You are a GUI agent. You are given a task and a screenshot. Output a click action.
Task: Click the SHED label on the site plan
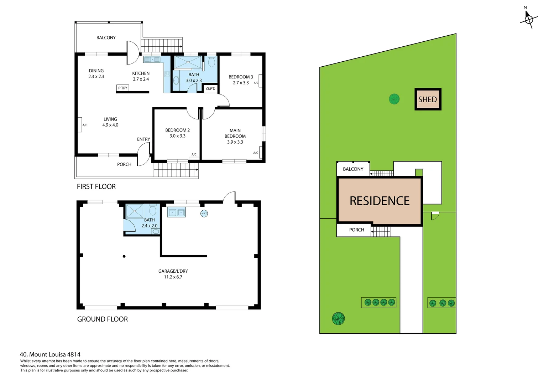click(427, 99)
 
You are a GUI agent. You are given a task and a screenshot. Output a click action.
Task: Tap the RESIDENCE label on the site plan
click(380, 201)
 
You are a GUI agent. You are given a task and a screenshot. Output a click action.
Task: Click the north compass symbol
click(528, 19)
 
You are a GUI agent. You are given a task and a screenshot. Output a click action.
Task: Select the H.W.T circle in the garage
click(204, 214)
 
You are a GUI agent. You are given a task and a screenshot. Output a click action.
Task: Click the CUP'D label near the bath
click(210, 89)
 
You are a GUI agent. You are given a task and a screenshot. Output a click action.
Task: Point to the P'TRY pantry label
click(122, 88)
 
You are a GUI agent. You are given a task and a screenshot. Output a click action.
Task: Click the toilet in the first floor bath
click(211, 62)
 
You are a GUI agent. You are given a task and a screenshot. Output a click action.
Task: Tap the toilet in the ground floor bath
click(152, 210)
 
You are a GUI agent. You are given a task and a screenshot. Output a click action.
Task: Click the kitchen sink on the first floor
click(152, 60)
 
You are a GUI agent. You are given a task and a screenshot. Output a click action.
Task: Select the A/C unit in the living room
click(80, 125)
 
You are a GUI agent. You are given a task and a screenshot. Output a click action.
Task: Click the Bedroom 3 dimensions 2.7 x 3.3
click(241, 83)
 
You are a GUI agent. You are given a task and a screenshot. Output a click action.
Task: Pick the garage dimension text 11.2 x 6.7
click(173, 277)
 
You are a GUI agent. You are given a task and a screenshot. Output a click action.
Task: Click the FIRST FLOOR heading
click(96, 186)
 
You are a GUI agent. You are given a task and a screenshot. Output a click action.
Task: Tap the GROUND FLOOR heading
click(102, 319)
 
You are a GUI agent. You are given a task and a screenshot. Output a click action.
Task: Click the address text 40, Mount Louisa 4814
click(50, 354)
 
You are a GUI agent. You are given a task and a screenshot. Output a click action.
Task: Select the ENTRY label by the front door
click(143, 139)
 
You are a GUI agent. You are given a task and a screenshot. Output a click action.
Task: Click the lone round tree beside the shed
click(394, 99)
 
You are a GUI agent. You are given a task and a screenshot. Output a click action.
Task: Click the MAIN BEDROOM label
click(235, 133)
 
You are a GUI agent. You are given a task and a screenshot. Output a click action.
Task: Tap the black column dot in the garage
click(124, 256)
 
